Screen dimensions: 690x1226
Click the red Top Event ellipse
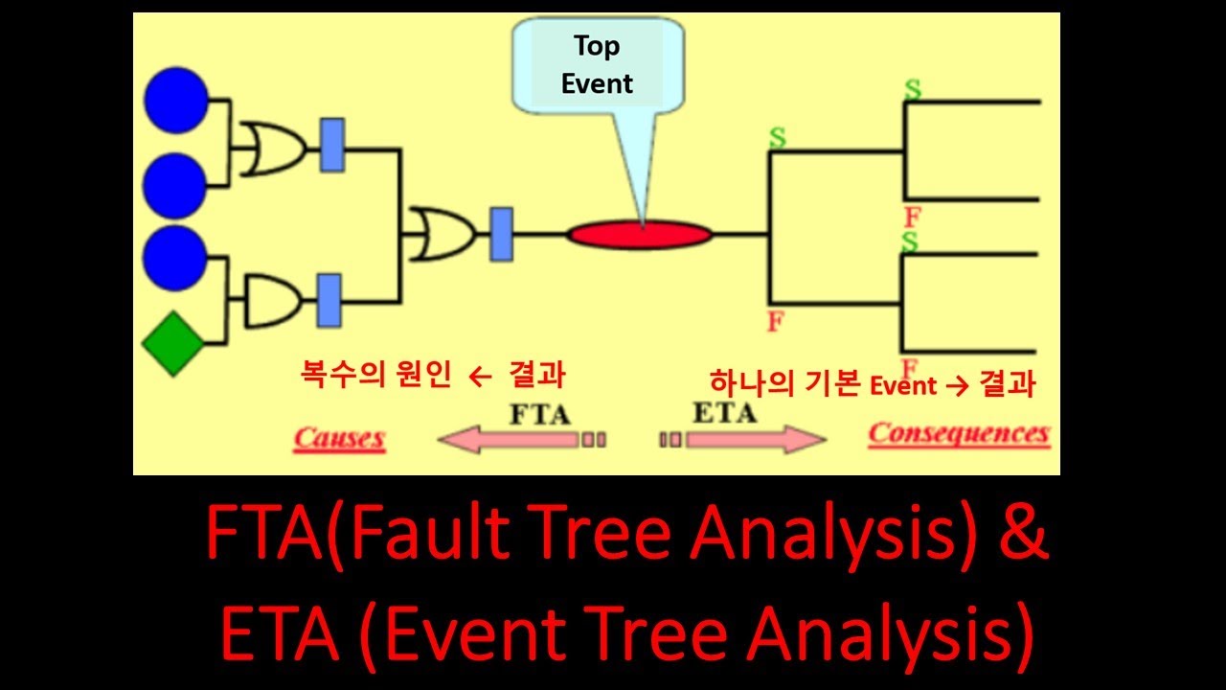[x=640, y=234]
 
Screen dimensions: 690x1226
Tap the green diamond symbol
[x=173, y=342]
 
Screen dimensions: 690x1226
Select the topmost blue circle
[x=175, y=101]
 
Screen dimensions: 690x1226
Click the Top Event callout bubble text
[x=597, y=65]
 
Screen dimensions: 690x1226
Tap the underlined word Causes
[x=339, y=439]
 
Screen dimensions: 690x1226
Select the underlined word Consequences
[x=958, y=434]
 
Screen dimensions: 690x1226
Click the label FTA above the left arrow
[x=539, y=415]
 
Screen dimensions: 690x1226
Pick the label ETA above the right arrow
[x=723, y=413]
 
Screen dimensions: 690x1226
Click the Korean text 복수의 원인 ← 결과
[x=432, y=377]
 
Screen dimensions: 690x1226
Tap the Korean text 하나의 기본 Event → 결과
[x=873, y=384]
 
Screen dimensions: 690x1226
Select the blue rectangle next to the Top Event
[x=501, y=234]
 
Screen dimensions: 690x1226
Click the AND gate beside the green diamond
[x=272, y=301]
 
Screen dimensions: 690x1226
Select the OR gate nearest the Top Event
[x=436, y=234]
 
